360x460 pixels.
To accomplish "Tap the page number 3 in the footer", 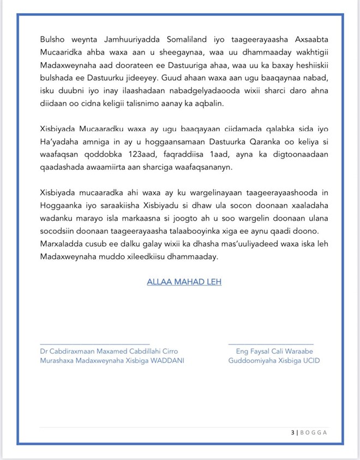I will pos(292,433).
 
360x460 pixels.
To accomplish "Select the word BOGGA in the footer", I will pos(314,433).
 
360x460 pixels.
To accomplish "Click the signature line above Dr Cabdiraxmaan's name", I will pos(95,343).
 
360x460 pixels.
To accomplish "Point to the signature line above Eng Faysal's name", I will pos(271,343).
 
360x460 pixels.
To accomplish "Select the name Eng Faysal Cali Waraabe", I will pos(271,352).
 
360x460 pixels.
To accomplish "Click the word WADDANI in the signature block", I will pos(167,361).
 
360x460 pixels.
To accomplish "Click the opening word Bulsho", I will pos(52,40).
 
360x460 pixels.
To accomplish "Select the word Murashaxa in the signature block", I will pos(59,361).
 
